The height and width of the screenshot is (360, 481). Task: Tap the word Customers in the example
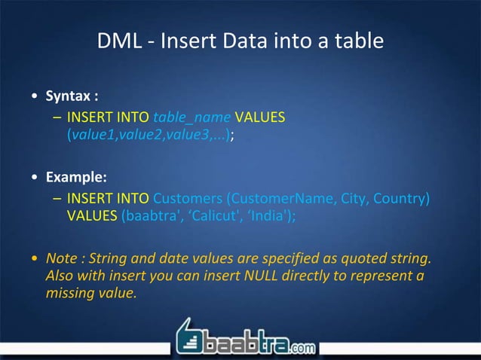pos(187,199)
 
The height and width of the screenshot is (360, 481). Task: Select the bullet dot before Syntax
pos(35,98)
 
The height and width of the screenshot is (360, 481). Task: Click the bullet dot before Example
pos(35,179)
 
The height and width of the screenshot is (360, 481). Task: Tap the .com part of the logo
pos(300,347)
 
